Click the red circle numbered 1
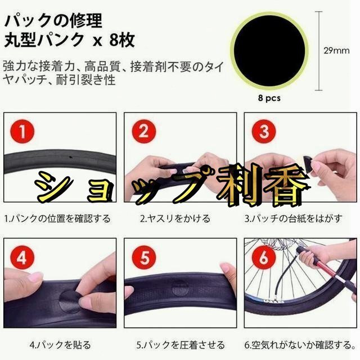point(22,132)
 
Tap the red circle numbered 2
point(144,132)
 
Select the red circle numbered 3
point(264,132)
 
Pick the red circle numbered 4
point(22,258)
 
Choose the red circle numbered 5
point(145,258)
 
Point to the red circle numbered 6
point(264,257)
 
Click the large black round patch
point(269,51)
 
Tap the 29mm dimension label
point(336,51)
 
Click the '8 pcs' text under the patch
point(269,98)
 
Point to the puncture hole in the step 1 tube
point(71,157)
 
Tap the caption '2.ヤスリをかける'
point(175,218)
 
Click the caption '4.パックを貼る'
point(60,345)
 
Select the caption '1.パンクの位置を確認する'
point(57,218)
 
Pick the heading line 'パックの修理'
point(53,21)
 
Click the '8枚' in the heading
point(122,40)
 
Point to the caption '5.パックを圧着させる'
point(181,345)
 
